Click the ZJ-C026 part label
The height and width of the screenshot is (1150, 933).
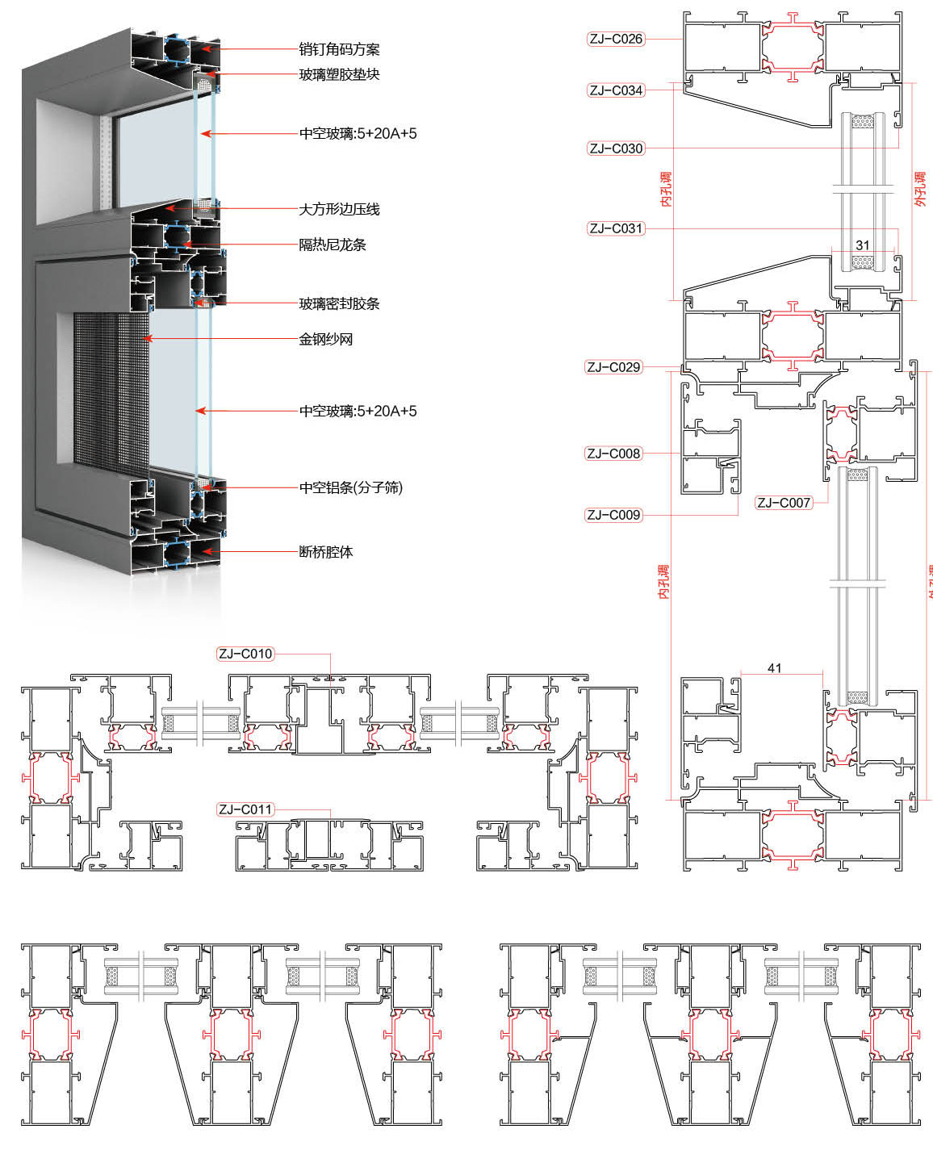click(616, 39)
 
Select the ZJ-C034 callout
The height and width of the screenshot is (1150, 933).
click(616, 90)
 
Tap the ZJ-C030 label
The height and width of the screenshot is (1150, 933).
click(616, 148)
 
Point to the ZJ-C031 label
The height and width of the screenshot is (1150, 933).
click(616, 228)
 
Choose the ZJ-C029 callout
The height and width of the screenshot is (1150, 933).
click(613, 367)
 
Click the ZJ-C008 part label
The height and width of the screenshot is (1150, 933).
click(613, 454)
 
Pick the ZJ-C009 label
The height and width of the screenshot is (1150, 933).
click(613, 515)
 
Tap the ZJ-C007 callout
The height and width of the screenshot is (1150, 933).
click(783, 503)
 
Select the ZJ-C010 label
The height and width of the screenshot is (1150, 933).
click(245, 654)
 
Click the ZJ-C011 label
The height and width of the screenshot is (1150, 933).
click(245, 809)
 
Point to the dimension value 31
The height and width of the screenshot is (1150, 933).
click(863, 245)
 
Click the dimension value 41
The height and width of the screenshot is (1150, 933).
click(775, 668)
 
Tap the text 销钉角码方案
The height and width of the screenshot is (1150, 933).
click(339, 50)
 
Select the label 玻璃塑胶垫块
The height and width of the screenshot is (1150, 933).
click(339, 75)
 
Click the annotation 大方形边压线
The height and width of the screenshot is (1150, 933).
click(339, 210)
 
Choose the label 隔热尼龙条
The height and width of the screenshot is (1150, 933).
click(333, 245)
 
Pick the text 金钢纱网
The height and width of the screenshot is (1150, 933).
click(326, 340)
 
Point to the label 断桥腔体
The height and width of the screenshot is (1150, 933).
click(326, 553)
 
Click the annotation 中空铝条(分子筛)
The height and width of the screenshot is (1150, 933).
click(351, 488)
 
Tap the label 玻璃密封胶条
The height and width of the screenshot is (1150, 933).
click(339, 304)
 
